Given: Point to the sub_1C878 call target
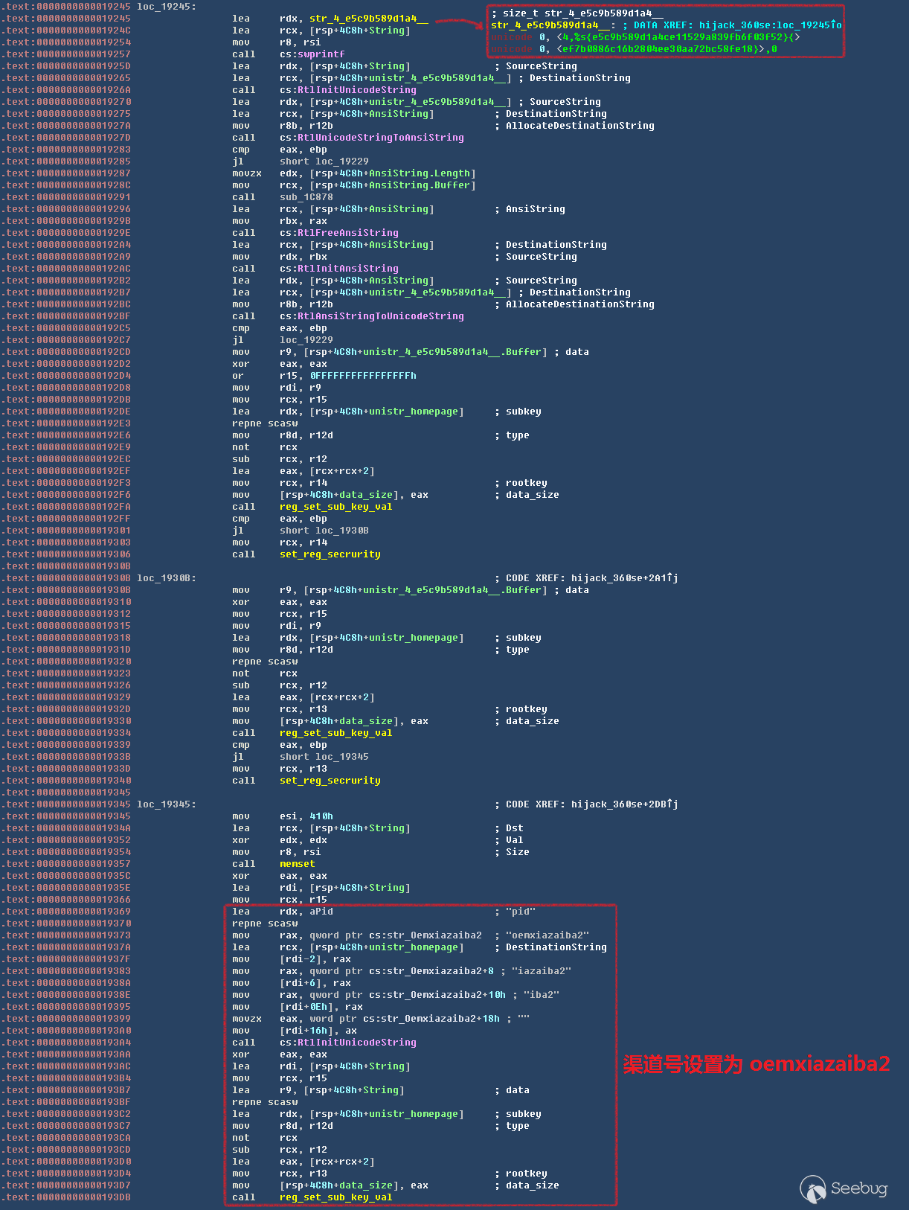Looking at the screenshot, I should [x=306, y=197].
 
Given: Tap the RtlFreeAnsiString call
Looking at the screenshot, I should [x=338, y=233].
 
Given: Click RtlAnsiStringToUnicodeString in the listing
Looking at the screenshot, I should [x=371, y=316].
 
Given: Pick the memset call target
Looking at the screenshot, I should [x=297, y=864].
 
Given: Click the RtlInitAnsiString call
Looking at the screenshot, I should [x=338, y=269].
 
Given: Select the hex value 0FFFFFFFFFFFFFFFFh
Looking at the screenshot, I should [x=363, y=376].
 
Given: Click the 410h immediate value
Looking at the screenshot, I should [x=321, y=816].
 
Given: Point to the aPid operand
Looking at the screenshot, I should [x=321, y=912].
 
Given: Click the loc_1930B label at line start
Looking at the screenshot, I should [x=166, y=578].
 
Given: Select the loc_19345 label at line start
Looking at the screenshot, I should [x=166, y=804].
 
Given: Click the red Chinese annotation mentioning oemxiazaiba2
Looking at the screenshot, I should [x=756, y=1064].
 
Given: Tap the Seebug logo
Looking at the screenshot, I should [x=844, y=1188].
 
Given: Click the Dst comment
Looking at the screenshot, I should [x=514, y=828].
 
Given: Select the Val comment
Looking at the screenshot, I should [x=514, y=840].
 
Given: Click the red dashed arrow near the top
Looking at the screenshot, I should [x=459, y=22].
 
